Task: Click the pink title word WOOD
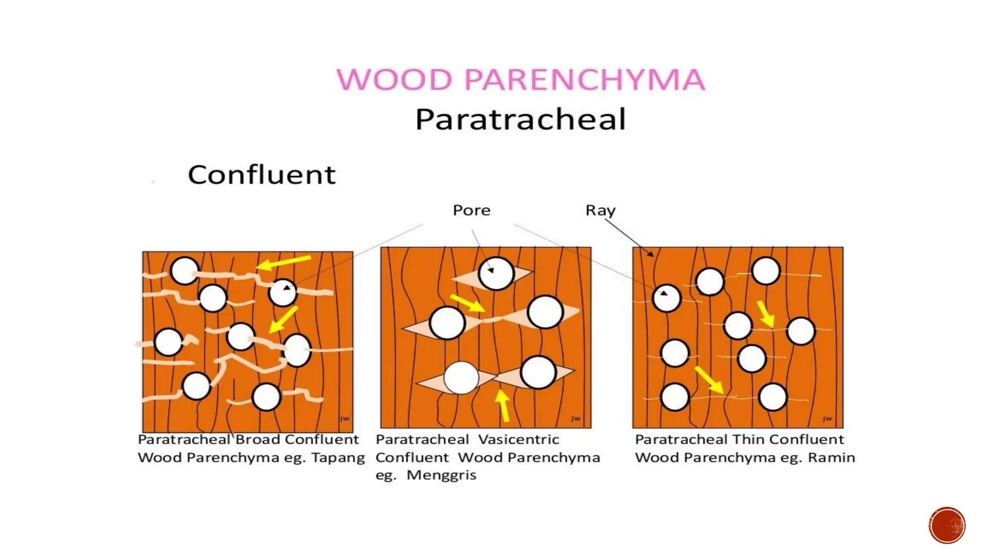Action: tap(394, 79)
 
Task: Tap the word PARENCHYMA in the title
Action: tap(584, 79)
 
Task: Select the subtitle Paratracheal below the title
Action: tap(520, 119)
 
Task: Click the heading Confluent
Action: tap(261, 175)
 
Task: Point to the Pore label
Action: tap(471, 210)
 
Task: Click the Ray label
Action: tap(600, 210)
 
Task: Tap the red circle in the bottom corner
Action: tap(947, 526)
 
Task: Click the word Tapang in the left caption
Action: tap(337, 458)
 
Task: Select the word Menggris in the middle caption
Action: tap(441, 475)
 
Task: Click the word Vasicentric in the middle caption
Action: tap(518, 439)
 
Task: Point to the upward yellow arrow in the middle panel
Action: tap(503, 405)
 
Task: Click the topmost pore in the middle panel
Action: tap(496, 274)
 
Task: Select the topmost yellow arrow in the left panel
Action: tap(283, 263)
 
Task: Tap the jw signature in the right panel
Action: tap(827, 418)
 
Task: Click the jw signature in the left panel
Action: tap(344, 418)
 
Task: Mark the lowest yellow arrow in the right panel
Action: tap(709, 380)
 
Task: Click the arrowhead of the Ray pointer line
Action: tap(651, 254)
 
